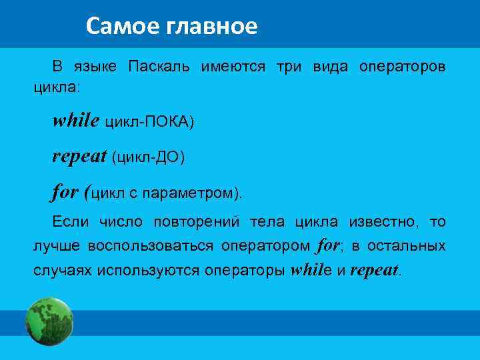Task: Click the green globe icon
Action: tap(49, 321)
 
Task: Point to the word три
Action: tap(289, 67)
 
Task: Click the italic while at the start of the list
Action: tap(76, 121)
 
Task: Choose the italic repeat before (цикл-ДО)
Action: tap(79, 156)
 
